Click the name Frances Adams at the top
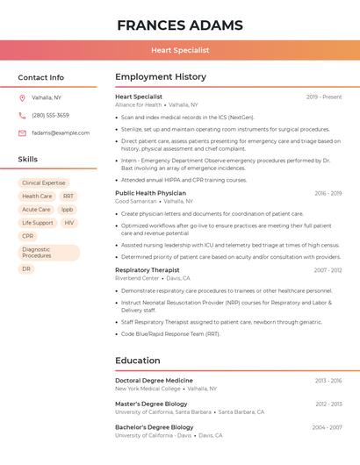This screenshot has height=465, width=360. tap(180, 25)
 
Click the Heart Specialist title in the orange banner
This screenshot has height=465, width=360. tap(180, 50)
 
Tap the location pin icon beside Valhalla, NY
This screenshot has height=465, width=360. tap(22, 97)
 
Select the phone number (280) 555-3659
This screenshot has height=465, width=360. tap(50, 115)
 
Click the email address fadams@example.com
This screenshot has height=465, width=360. tap(61, 132)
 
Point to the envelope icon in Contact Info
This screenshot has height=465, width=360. tap(22, 132)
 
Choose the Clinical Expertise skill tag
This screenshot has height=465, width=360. tap(44, 183)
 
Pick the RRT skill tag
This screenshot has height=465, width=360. tap(68, 197)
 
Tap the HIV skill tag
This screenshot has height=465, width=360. tap(69, 223)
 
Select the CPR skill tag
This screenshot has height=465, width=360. tap(28, 236)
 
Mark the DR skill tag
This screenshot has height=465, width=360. tap(26, 269)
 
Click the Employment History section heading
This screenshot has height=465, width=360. tap(161, 77)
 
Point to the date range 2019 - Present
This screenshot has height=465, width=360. tap(324, 97)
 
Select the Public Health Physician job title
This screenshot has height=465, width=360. tap(150, 193)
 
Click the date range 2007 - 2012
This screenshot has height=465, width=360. tap(328, 270)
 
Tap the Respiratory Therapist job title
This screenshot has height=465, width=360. tap(147, 270)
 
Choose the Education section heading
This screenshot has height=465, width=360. tap(138, 361)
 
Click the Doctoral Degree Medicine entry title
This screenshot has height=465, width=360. tap(154, 380)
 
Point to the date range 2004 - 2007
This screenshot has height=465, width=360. tap(327, 427)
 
